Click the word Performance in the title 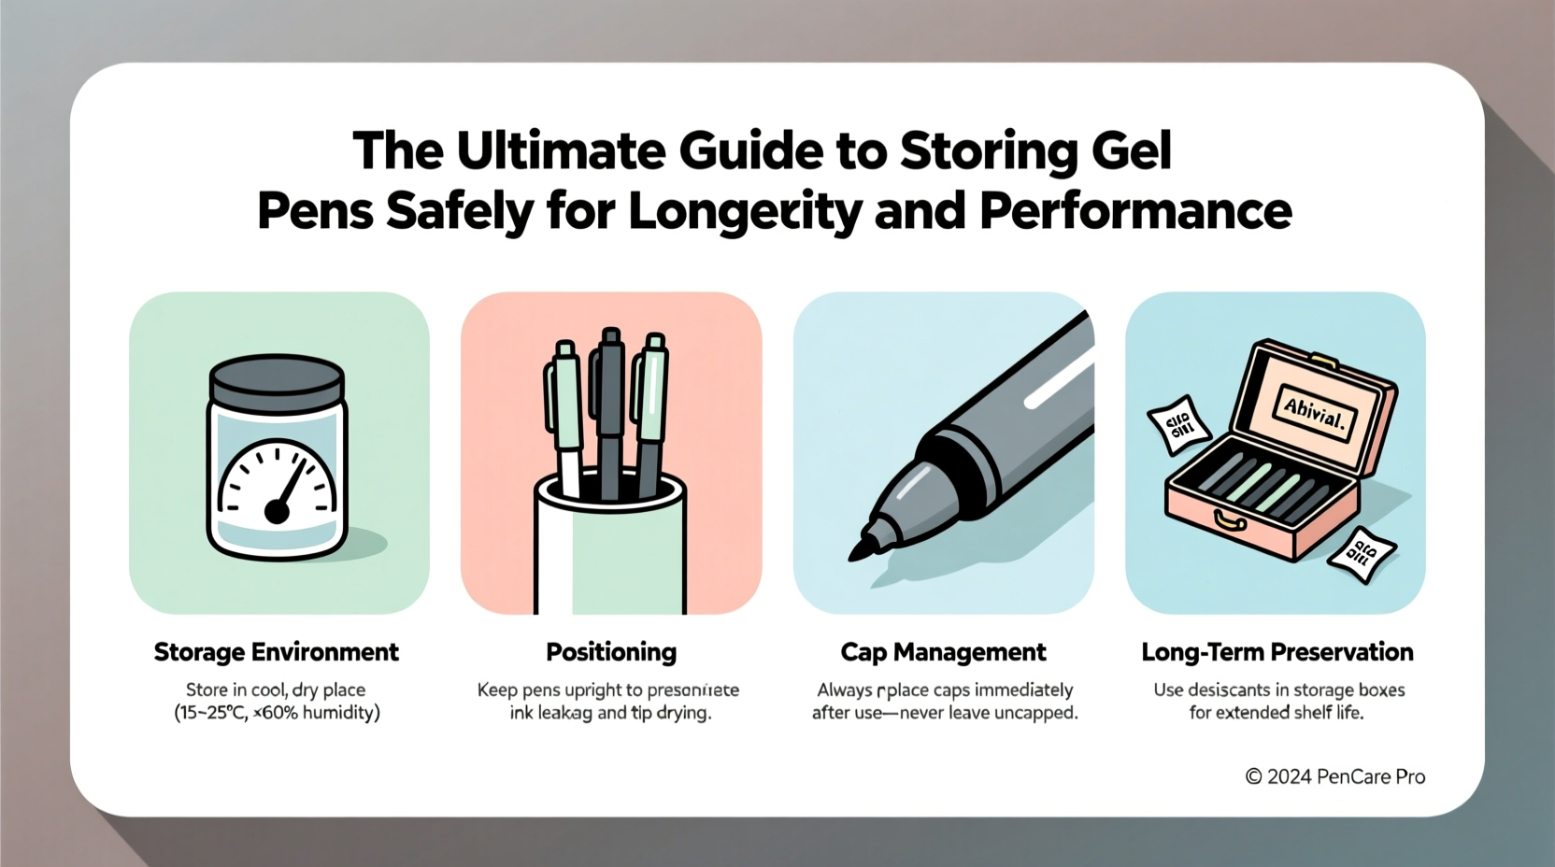(1135, 211)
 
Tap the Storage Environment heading (276, 652)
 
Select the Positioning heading (611, 652)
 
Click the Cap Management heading (943, 652)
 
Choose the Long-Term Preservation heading (1277, 652)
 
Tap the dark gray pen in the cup (610, 411)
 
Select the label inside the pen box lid (1314, 410)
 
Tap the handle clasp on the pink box (1229, 519)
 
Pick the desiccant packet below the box (1362, 555)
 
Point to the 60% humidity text (316, 713)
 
